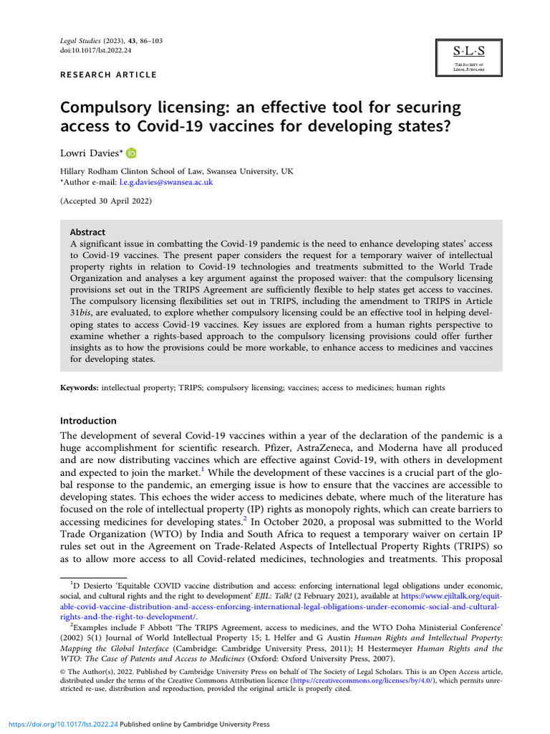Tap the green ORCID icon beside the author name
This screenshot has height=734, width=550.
pyautogui.click(x=131, y=153)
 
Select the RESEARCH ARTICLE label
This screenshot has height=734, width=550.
pyautogui.click(x=108, y=75)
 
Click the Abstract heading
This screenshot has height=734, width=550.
pyautogui.click(x=87, y=232)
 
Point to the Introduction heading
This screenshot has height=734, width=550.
pyautogui.click(x=88, y=421)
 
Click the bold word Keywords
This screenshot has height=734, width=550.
pyautogui.click(x=79, y=388)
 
